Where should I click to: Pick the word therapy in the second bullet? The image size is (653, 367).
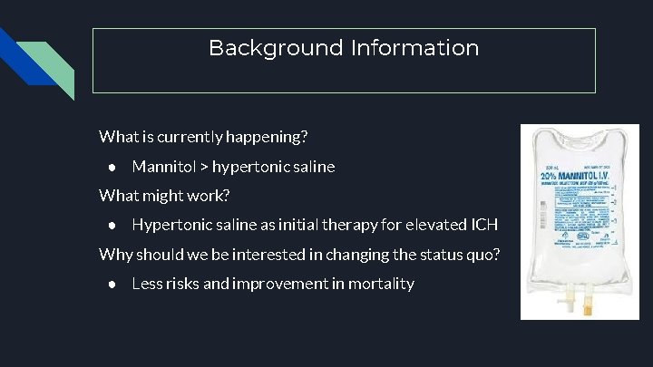click(339, 225)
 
